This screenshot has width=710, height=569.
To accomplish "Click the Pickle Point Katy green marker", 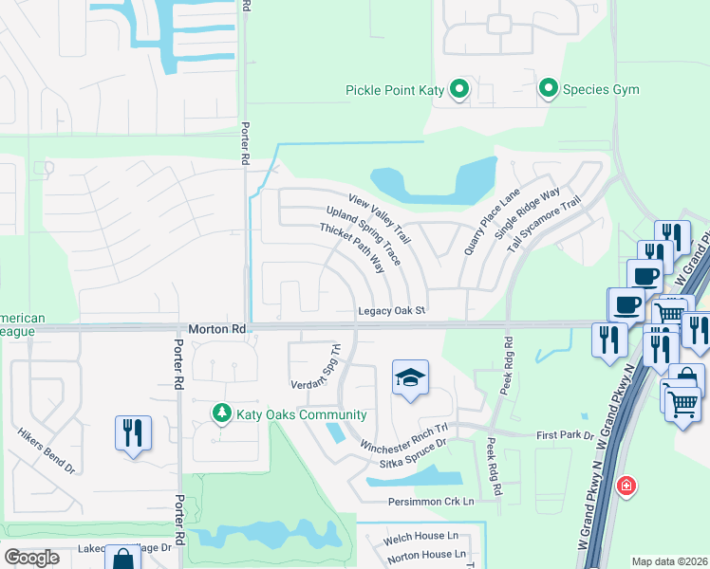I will (x=459, y=90).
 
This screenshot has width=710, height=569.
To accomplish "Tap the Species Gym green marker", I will (x=548, y=90).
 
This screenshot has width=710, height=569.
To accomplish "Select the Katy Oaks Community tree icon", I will (x=221, y=414).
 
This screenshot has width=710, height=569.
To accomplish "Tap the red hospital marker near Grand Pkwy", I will (x=626, y=486).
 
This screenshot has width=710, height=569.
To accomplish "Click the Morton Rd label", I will (x=217, y=329).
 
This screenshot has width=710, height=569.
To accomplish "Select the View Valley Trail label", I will (x=379, y=217).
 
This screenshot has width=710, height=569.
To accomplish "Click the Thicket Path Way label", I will (x=351, y=248).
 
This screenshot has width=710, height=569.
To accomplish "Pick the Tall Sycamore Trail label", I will (x=544, y=224).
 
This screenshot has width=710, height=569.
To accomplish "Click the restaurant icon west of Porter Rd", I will (x=133, y=432).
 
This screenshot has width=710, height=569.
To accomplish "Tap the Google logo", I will (x=31, y=558).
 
